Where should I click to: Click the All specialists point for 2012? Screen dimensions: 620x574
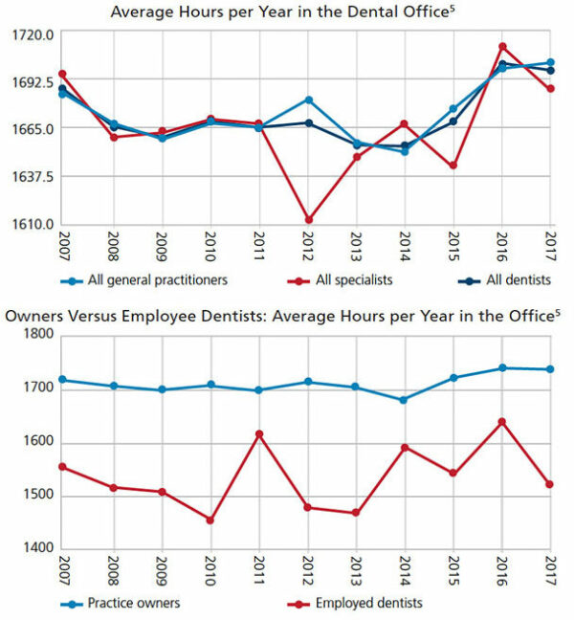pos(307,220)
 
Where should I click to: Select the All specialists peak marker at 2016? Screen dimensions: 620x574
pos(502,46)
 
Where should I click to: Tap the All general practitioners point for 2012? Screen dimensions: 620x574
pos(307,100)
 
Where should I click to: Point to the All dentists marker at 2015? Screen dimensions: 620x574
pos(453,122)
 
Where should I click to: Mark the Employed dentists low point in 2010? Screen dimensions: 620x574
pos(210,520)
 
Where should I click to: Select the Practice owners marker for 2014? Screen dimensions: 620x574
pos(404,400)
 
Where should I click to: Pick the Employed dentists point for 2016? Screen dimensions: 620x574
pos(502,422)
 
